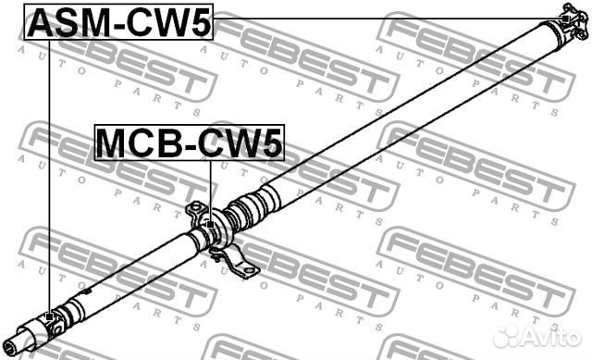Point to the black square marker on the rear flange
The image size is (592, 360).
[564, 18]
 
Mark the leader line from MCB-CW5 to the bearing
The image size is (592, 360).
[211, 190]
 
